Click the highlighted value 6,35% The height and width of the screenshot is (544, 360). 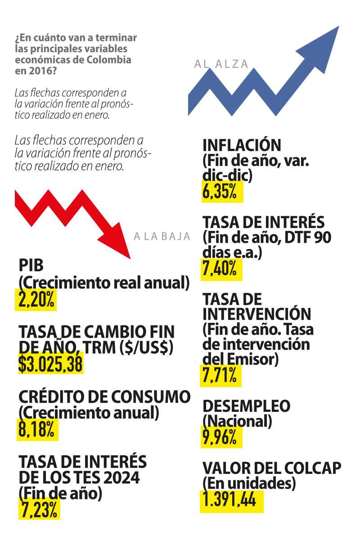click(222, 191)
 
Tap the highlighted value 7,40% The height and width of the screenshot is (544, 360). click(221, 269)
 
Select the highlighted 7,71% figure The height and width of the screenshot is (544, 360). click(220, 375)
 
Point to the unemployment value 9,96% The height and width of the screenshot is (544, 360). click(221, 437)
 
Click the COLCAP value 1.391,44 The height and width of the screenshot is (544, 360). click(231, 500)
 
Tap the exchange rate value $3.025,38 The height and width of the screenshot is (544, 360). click(50, 363)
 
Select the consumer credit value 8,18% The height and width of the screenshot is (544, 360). click(38, 429)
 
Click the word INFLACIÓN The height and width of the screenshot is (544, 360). click(242, 146)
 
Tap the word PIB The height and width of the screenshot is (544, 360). click(31, 266)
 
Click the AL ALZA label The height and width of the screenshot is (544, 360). click(221, 64)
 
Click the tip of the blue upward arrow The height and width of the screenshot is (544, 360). click(338, 27)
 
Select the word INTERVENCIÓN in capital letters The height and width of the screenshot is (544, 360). click(256, 314)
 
